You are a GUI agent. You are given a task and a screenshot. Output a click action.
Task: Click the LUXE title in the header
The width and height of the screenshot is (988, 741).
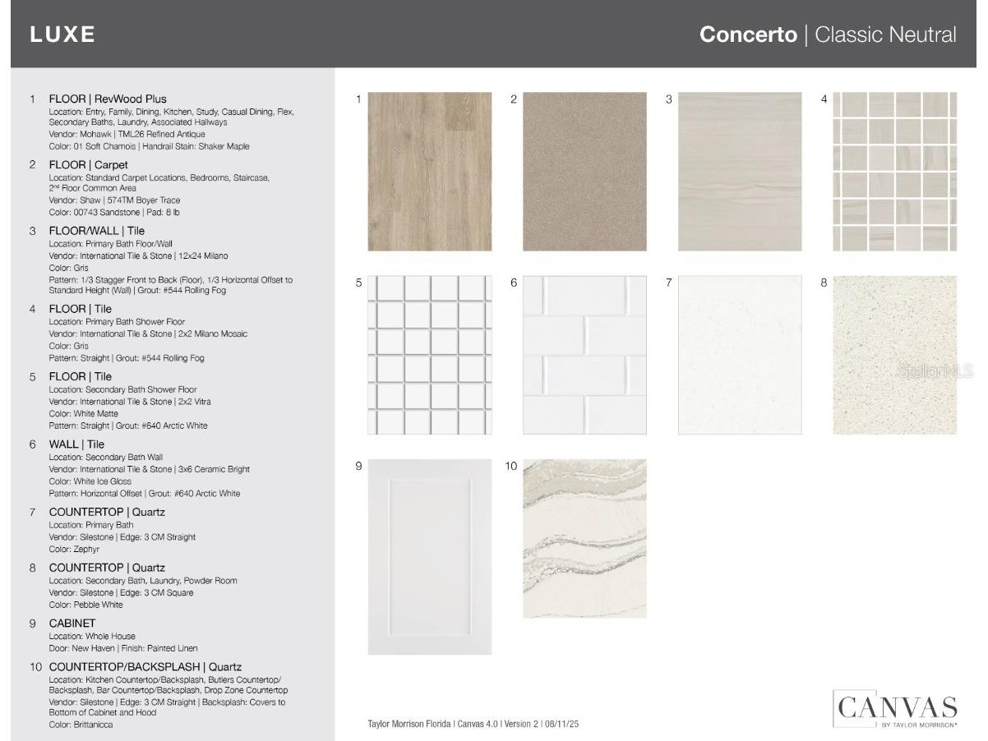click(62, 35)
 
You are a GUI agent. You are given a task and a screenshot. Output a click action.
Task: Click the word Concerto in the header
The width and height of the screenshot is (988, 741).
click(747, 35)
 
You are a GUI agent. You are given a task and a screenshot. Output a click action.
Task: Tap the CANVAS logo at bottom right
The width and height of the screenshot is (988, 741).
click(895, 708)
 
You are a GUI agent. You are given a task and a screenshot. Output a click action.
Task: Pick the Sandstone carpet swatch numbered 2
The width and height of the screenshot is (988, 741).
click(584, 172)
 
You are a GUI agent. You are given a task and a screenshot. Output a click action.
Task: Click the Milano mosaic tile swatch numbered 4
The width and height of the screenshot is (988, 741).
click(895, 172)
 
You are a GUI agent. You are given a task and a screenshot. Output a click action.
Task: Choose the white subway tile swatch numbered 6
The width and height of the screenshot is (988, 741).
click(584, 355)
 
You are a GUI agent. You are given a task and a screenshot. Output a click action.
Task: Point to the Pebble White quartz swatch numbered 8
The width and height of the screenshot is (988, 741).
click(895, 355)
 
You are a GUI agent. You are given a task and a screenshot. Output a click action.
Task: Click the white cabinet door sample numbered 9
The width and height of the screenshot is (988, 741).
click(430, 557)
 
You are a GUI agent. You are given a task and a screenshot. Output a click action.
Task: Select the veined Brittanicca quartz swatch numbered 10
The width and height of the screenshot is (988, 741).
click(584, 538)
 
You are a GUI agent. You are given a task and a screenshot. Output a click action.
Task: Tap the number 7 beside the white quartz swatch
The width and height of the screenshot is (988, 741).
click(669, 283)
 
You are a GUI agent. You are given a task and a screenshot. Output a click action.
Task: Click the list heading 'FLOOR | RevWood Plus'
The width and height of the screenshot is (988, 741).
click(108, 99)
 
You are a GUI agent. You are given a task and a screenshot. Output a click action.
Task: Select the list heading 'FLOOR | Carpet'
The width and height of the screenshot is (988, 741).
click(88, 164)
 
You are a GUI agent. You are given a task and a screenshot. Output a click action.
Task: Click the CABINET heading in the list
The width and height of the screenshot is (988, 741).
click(72, 623)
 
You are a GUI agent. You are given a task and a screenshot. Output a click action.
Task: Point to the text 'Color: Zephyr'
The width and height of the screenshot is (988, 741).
click(74, 549)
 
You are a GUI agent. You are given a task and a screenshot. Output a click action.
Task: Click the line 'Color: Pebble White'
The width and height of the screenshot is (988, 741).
click(85, 605)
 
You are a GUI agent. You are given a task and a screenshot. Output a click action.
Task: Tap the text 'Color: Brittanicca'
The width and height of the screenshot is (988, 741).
click(81, 725)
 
